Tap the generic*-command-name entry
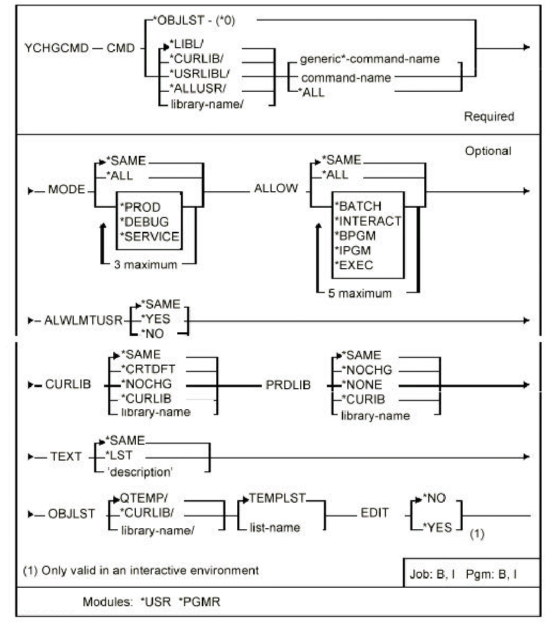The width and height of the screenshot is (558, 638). [369, 59]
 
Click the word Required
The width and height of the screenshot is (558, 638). [489, 116]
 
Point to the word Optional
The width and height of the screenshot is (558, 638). [488, 151]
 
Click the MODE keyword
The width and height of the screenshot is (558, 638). [66, 190]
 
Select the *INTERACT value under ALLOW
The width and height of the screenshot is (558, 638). [367, 221]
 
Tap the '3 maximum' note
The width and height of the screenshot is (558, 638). [145, 265]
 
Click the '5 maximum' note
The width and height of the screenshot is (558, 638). [360, 294]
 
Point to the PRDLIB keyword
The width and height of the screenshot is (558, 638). [288, 385]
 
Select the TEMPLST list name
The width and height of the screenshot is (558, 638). [277, 498]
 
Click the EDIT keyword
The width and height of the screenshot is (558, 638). [375, 513]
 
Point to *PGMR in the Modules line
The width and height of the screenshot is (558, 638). [199, 602]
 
